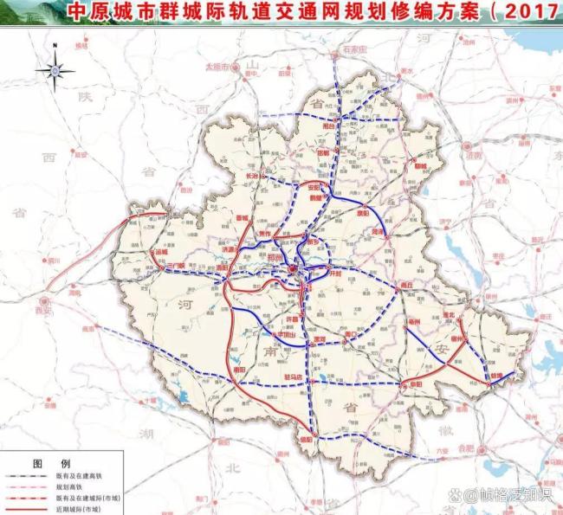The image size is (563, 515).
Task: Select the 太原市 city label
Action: (x=215, y=66)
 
